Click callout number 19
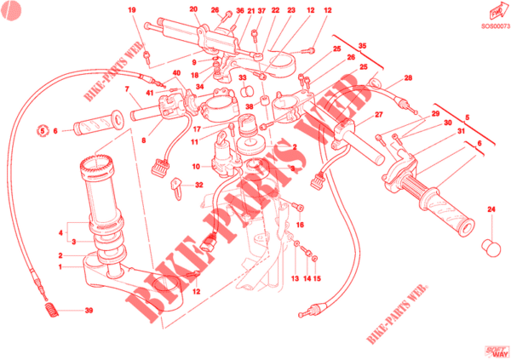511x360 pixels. click(x=132, y=10)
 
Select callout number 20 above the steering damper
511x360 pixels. click(x=193, y=10)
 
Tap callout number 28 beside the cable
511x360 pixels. click(x=408, y=78)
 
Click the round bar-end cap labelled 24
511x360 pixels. click(x=491, y=247)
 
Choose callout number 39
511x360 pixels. click(x=88, y=311)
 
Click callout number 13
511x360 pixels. click(x=294, y=277)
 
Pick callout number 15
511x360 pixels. click(x=317, y=277)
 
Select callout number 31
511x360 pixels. click(x=460, y=131)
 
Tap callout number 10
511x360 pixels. click(x=194, y=166)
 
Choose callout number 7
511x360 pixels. click(x=126, y=89)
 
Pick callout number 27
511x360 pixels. click(x=380, y=116)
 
